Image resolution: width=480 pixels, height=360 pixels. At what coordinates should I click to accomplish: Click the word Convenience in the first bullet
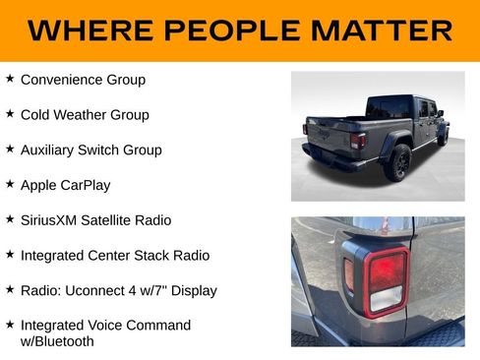[x=62, y=80]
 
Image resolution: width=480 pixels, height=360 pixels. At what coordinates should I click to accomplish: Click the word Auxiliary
[x=50, y=150]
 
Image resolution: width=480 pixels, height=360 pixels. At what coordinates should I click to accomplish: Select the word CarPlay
[x=85, y=185]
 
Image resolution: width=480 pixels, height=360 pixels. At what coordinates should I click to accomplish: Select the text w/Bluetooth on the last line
[x=57, y=341]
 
